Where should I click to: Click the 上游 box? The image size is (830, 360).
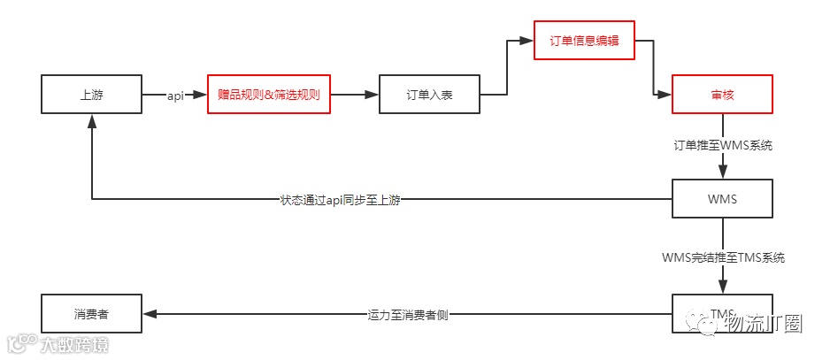coord(92,95)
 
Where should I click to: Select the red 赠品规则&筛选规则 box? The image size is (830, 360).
coord(268,95)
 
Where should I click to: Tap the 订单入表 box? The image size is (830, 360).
coord(429,95)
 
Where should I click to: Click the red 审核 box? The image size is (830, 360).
coord(722,95)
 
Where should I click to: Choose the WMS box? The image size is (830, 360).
coord(722,199)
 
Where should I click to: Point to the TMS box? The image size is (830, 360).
coord(722,313)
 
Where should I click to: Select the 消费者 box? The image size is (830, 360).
coord(92,313)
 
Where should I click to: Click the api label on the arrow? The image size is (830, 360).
coord(175,96)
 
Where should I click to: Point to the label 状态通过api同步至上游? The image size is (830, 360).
coord(340,200)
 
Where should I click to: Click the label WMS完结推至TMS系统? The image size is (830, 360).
coord(723,258)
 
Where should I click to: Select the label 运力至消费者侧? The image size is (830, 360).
coord(408,314)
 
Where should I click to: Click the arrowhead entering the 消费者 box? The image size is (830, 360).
coord(150,314)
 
